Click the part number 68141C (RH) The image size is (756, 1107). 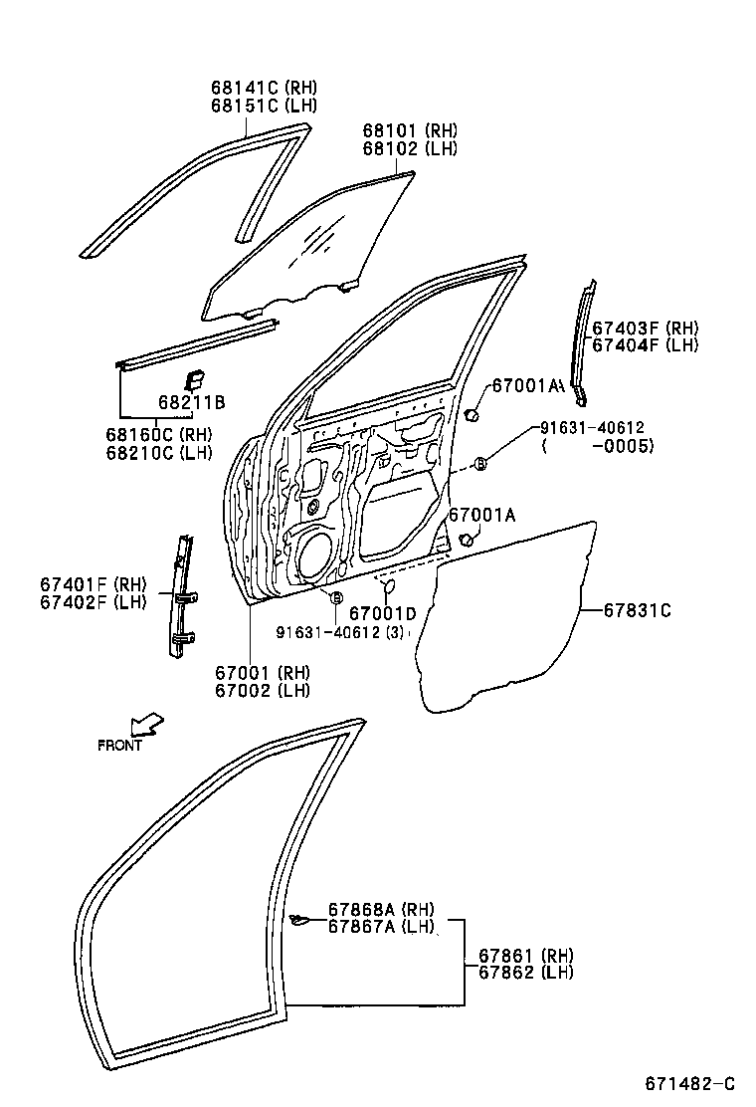(263, 88)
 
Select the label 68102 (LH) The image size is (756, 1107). (409, 149)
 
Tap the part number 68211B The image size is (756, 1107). (191, 402)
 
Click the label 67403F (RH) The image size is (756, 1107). (646, 328)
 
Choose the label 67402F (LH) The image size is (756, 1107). (93, 600)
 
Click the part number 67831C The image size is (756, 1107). (637, 610)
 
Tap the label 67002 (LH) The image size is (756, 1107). (266, 690)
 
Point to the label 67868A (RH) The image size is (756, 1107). (382, 910)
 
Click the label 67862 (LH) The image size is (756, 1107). (525, 973)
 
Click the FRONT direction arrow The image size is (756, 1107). (146, 724)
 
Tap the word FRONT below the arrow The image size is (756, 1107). (119, 745)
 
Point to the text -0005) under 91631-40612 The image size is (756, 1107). (621, 445)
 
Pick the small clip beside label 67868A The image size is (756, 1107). (296, 919)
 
